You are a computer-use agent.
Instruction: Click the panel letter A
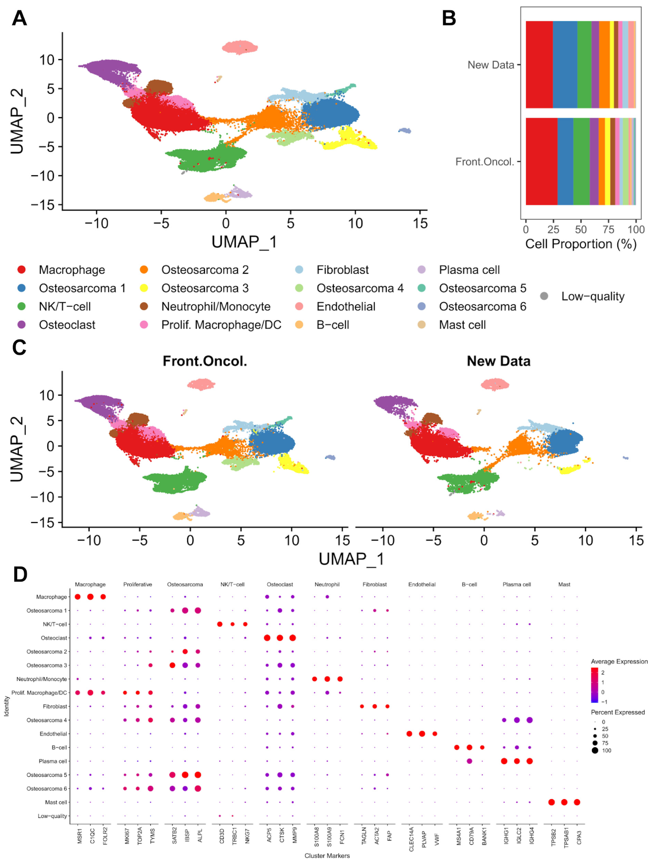(19, 18)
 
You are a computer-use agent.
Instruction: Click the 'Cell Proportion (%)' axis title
(581, 244)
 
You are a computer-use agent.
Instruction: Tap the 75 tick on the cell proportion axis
(608, 230)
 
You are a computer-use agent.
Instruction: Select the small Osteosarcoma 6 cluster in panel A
(405, 130)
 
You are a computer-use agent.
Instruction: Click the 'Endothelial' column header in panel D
(422, 584)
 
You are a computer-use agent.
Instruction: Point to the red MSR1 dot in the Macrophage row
(77, 597)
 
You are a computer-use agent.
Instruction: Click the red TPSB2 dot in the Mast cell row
(551, 802)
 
